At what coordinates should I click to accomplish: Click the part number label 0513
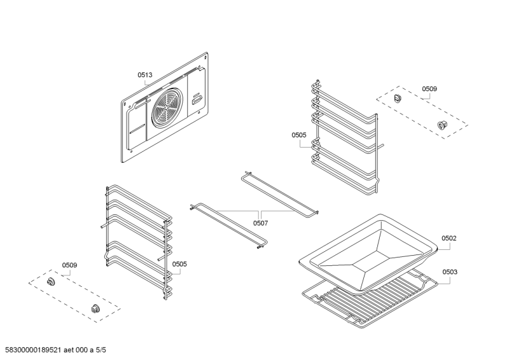click(145, 75)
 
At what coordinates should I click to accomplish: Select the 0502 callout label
click(449, 239)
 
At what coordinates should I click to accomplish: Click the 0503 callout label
click(449, 272)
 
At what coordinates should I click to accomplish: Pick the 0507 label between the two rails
click(260, 223)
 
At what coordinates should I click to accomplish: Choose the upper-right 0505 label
click(299, 135)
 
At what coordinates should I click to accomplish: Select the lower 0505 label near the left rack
click(179, 264)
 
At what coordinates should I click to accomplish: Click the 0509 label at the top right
click(429, 89)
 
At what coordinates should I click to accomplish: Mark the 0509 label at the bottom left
click(69, 265)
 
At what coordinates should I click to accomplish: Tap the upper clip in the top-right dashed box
click(398, 98)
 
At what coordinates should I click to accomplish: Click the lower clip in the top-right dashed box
click(442, 125)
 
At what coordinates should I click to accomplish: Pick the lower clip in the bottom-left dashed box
click(96, 308)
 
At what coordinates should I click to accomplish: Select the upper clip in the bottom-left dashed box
click(52, 280)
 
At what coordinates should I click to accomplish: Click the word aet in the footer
click(68, 349)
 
